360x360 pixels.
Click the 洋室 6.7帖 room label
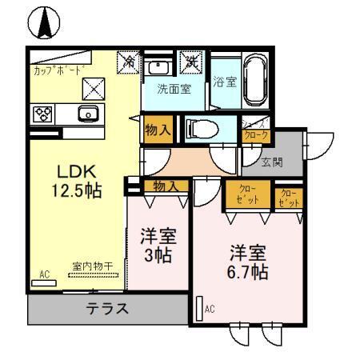[x=247, y=262]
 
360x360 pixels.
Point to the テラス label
[x=107, y=308]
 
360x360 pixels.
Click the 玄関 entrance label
[x=272, y=162]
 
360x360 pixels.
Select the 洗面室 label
[x=174, y=90]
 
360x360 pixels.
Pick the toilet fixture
[x=205, y=128]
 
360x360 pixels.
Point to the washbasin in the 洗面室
[x=161, y=66]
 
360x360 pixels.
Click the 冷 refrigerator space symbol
[x=129, y=62]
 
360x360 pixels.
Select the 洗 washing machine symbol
[x=192, y=61]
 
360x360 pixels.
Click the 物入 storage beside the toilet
[x=158, y=129]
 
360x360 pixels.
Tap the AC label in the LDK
[x=44, y=274]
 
